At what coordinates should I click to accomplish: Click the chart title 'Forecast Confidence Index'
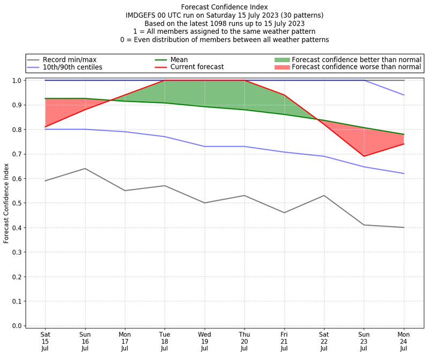pyautogui.click(x=225, y=7)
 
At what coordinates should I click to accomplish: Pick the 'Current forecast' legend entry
pyautogui.click(x=197, y=67)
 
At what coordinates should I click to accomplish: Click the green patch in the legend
pyautogui.click(x=282, y=59)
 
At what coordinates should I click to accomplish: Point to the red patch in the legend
pyautogui.click(x=282, y=67)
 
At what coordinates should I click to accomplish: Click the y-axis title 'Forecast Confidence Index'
pyautogui.click(x=7, y=202)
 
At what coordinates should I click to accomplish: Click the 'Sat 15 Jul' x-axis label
pyautogui.click(x=45, y=342)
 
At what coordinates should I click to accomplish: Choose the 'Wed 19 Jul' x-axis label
pyautogui.click(x=204, y=342)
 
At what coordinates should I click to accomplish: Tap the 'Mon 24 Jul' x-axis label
pyautogui.click(x=404, y=342)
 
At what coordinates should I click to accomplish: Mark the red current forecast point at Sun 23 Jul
pyautogui.click(x=364, y=156)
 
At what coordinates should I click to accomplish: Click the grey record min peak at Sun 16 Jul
pyautogui.click(x=85, y=169)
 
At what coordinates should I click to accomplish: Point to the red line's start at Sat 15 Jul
pyautogui.click(x=45, y=127)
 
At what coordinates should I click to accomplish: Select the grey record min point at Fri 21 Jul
pyautogui.click(x=284, y=213)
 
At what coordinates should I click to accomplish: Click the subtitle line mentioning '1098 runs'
pyautogui.click(x=225, y=23)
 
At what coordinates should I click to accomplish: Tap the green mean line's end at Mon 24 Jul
pyautogui.click(x=404, y=134)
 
